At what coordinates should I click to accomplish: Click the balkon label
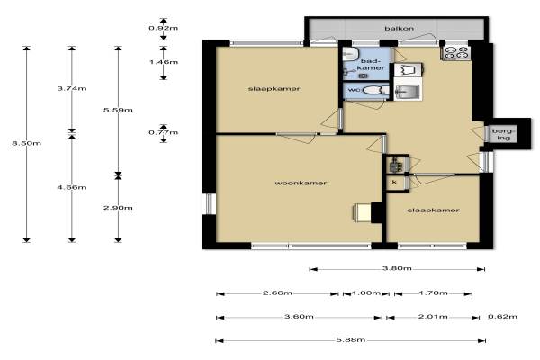(399, 29)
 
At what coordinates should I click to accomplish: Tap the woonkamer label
(301, 183)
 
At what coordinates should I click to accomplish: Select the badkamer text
(371, 65)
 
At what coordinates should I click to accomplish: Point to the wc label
(355, 90)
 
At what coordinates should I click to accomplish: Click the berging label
(504, 135)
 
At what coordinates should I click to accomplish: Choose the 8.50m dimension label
(26, 143)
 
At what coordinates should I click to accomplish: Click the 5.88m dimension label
(351, 340)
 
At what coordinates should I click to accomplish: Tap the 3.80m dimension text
(397, 268)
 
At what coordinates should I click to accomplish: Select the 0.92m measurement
(164, 28)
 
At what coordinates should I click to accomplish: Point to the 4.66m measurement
(72, 187)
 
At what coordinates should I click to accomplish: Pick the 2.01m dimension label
(433, 317)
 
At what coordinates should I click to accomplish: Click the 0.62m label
(502, 317)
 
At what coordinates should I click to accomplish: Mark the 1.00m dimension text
(366, 293)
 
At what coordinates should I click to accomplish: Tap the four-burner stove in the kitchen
(455, 53)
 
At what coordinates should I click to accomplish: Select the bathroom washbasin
(351, 53)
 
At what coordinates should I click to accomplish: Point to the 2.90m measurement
(118, 208)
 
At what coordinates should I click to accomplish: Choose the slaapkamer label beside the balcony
(274, 89)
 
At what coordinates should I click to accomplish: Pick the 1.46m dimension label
(164, 62)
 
